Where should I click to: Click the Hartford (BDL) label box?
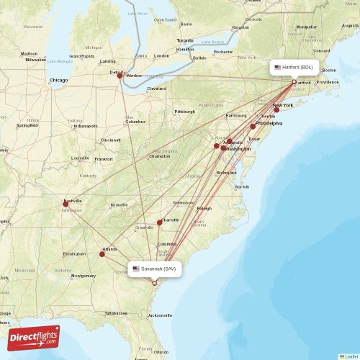294,67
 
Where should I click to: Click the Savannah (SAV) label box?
154,269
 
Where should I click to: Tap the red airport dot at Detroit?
120,74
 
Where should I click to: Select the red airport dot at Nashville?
66,204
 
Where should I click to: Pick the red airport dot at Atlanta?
102,253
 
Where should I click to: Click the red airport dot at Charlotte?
159,222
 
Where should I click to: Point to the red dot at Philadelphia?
253,126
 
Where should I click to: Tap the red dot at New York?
276,109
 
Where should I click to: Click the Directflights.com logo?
34,337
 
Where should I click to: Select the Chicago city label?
58,80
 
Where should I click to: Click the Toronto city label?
185,40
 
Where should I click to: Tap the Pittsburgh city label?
184,112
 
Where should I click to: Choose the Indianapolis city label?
85,126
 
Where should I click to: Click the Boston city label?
329,70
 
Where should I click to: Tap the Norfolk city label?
242,186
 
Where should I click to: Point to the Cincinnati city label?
111,140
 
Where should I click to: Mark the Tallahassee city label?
116,313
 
